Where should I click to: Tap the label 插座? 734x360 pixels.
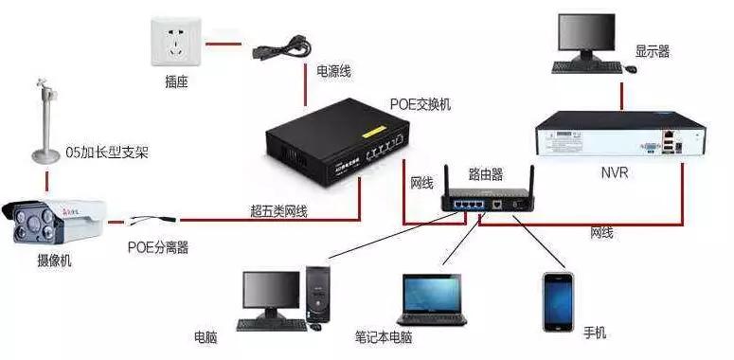(x=176, y=82)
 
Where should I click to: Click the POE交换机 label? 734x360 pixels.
(x=421, y=103)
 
